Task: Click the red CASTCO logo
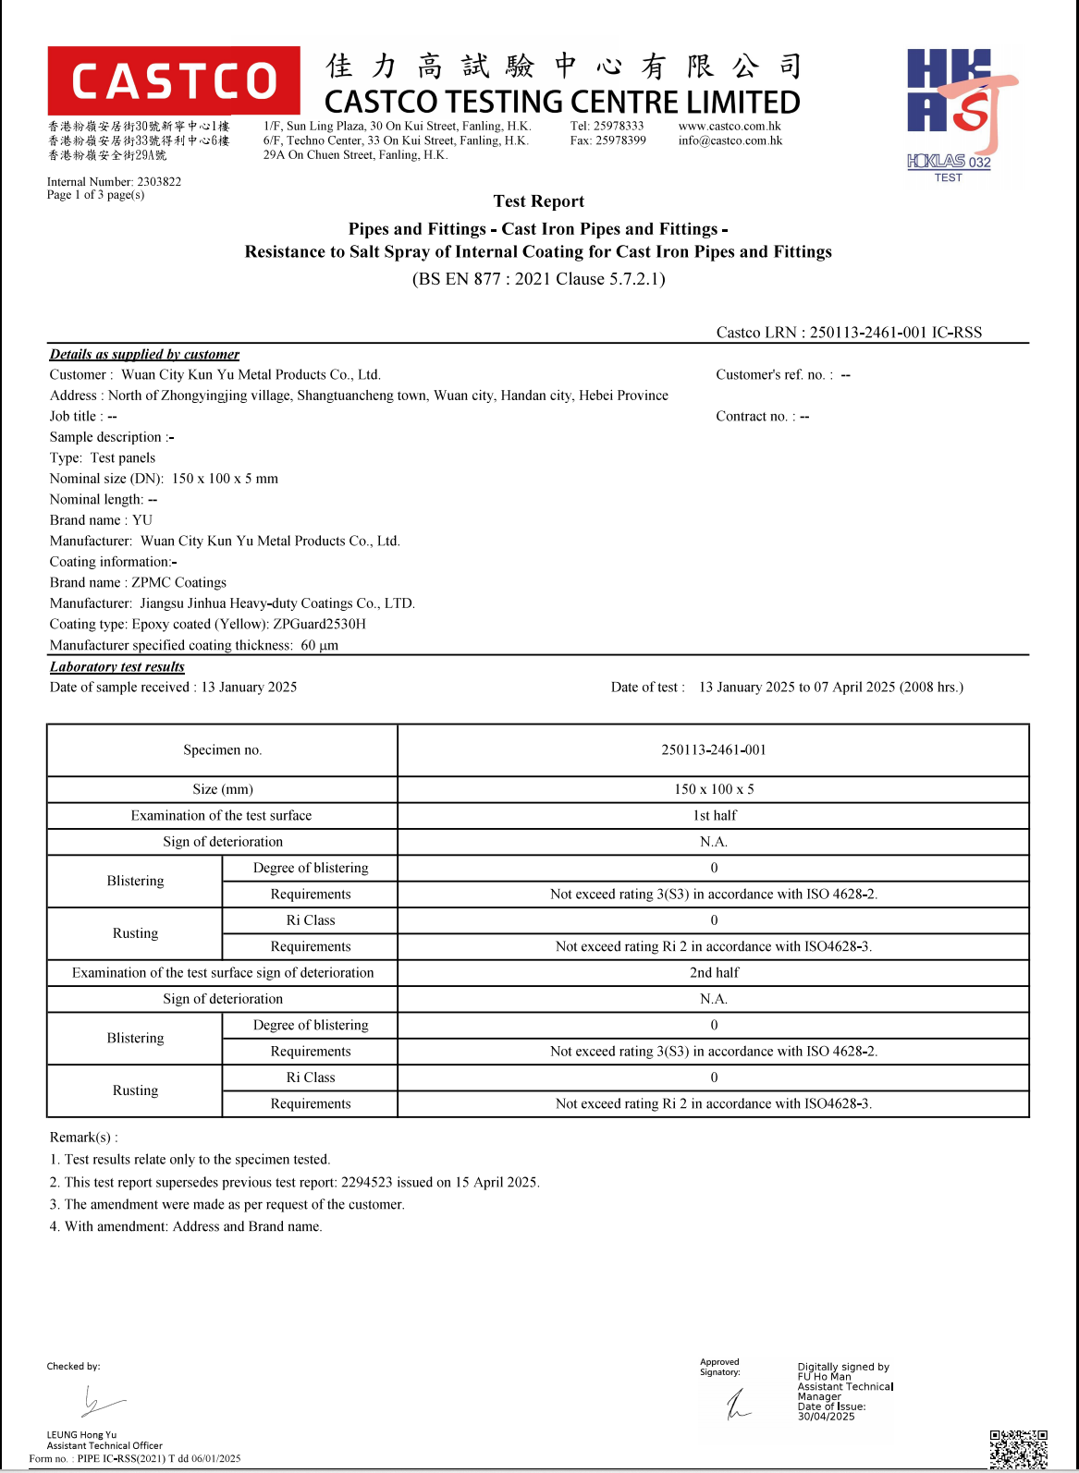point(174,80)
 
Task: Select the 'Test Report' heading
point(538,201)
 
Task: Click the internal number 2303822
point(159,182)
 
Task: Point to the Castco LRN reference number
point(895,333)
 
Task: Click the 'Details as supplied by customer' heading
point(144,354)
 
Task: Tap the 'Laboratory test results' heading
point(117,667)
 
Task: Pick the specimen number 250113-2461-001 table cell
point(713,750)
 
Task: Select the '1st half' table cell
point(714,816)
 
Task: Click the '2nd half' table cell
point(714,973)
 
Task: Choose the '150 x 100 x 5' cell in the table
point(713,789)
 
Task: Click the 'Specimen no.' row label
point(222,750)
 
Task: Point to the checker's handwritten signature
point(100,1403)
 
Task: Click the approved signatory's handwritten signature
point(738,1405)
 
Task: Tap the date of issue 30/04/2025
point(826,1417)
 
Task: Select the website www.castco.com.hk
point(730,127)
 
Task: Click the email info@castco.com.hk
point(730,141)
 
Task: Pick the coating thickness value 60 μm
point(319,646)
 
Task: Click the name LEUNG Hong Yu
point(81,1435)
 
